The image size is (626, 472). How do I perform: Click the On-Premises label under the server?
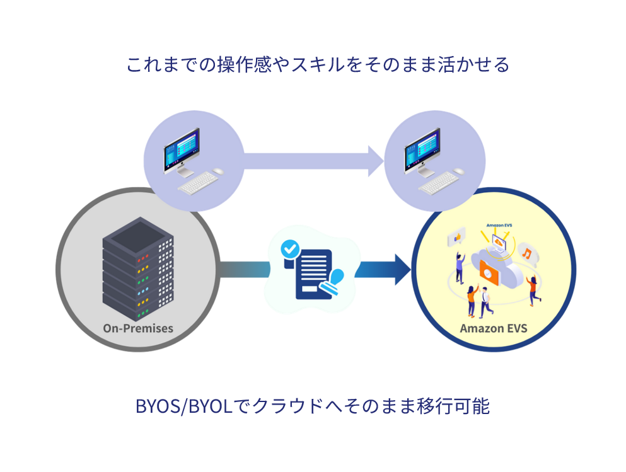[138, 328]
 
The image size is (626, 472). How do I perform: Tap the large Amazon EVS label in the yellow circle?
[493, 328]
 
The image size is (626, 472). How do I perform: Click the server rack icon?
[138, 271]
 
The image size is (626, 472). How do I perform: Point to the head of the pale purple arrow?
[376, 160]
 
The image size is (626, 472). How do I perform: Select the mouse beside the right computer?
[460, 171]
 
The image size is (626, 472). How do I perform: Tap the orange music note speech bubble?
[527, 253]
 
